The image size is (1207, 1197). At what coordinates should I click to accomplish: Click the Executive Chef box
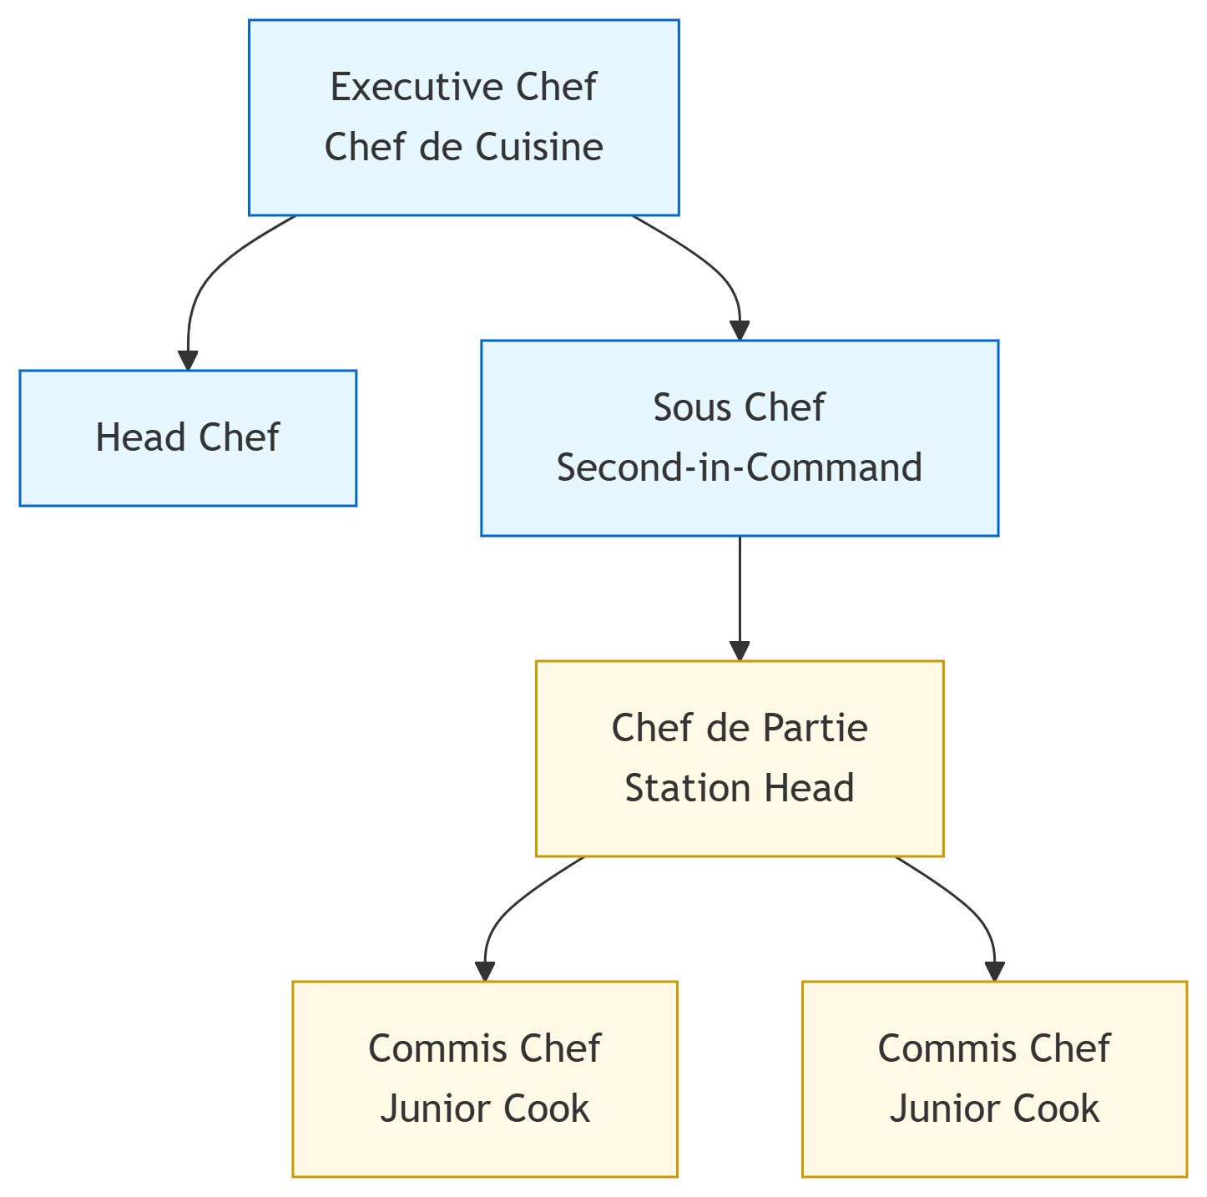click(x=463, y=118)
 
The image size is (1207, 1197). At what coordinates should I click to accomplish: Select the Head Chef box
click(x=188, y=438)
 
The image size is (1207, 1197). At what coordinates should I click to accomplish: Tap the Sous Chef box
click(x=739, y=438)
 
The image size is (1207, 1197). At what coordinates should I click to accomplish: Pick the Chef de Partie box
click(x=739, y=759)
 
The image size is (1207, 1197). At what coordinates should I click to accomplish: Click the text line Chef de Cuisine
click(x=463, y=148)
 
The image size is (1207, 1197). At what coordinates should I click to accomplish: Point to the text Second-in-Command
click(x=739, y=468)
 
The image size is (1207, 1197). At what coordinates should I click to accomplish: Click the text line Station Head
click(x=739, y=789)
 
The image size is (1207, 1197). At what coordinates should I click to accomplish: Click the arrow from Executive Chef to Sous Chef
click(x=710, y=267)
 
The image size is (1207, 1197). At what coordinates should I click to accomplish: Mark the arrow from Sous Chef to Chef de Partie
click(x=740, y=593)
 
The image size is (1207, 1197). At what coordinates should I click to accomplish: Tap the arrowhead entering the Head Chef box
click(x=188, y=360)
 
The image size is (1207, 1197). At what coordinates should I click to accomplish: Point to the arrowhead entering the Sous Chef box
click(x=740, y=330)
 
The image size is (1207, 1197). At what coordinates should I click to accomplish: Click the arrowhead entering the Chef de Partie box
click(x=740, y=650)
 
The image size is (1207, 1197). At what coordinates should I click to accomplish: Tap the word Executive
click(x=418, y=88)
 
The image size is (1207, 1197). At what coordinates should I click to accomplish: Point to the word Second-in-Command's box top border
click(x=739, y=341)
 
